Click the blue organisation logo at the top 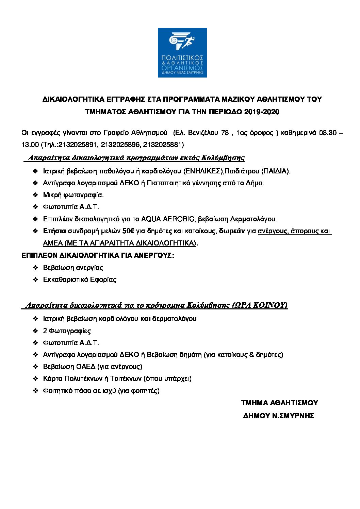182,52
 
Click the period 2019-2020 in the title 261,112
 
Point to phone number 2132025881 163,145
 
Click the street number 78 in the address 225,133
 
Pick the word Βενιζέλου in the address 203,133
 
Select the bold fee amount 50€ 128,231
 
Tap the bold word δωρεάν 232,231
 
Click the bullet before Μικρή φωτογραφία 35,195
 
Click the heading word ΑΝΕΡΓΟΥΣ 155,255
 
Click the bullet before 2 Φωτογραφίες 35,331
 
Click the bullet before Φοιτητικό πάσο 35,391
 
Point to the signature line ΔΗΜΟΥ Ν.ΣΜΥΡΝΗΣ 278,416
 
